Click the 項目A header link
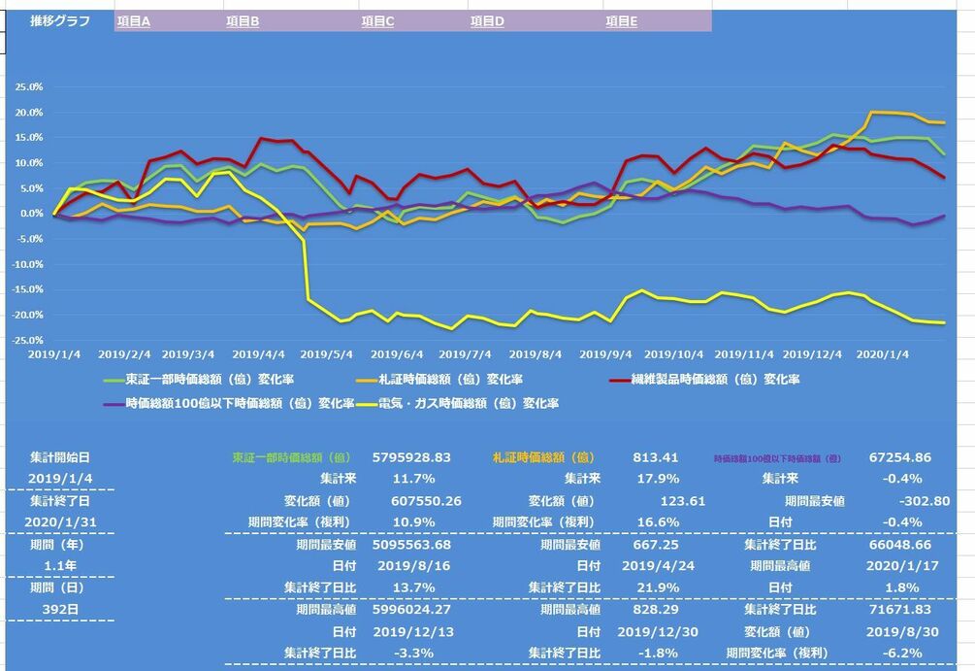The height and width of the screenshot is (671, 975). click(x=133, y=20)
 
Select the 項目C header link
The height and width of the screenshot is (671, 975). click(x=377, y=20)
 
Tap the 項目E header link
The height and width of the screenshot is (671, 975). click(x=621, y=20)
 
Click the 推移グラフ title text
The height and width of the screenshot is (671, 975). click(x=60, y=19)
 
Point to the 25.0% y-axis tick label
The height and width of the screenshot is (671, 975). click(x=28, y=86)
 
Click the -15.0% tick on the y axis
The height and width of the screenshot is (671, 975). click(x=27, y=289)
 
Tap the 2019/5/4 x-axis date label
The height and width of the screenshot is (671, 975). click(x=328, y=355)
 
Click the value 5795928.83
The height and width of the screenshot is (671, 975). click(x=412, y=456)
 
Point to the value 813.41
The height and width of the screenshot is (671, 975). click(x=657, y=456)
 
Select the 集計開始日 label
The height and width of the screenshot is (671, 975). click(x=60, y=455)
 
